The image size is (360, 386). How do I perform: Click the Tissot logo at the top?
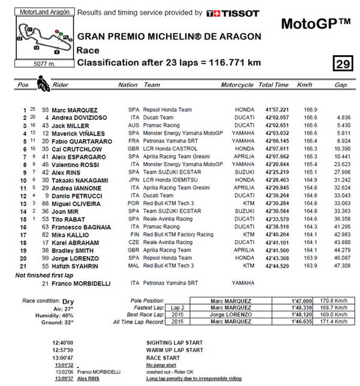(232, 13)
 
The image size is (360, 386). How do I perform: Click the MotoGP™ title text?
(316, 23)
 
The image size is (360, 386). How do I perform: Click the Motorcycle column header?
(236, 85)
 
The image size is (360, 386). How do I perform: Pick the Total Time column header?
(273, 85)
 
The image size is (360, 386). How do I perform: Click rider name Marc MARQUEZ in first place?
(74, 110)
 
